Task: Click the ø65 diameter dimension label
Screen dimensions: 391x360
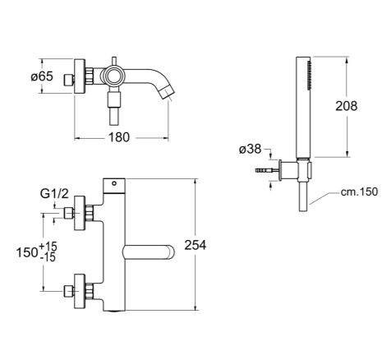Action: tap(42, 76)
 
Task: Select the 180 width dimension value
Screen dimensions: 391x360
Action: tap(119, 137)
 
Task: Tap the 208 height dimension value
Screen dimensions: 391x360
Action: tap(347, 106)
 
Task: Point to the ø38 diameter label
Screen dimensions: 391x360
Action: tap(251, 150)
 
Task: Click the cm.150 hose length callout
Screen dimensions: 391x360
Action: tap(359, 192)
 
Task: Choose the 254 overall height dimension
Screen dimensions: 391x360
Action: tap(195, 245)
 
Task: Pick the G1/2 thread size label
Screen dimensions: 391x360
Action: tap(54, 194)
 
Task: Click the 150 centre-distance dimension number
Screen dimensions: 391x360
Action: tap(27, 252)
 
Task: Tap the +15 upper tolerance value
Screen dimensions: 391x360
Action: tap(48, 247)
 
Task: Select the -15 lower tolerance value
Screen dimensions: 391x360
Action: tap(48, 257)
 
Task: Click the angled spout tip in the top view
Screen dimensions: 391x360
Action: tap(168, 93)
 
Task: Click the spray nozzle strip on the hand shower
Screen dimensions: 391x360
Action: tap(310, 76)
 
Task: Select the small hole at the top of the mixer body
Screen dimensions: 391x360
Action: tap(114, 183)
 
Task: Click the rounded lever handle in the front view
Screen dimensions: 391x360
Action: tap(149, 252)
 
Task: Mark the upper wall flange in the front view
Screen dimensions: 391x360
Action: tap(80, 214)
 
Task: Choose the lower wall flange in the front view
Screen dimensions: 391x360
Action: tap(80, 291)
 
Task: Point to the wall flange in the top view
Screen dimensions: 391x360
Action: tap(80, 76)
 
